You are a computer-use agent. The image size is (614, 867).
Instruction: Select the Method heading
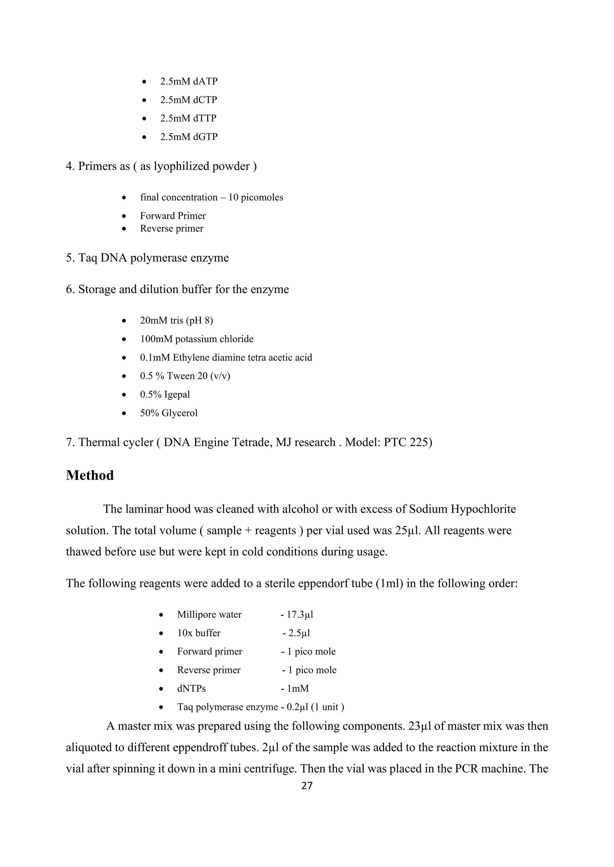click(90, 475)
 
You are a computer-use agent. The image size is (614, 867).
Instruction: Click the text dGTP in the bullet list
click(205, 137)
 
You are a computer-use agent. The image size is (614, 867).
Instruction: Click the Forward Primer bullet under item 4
click(173, 216)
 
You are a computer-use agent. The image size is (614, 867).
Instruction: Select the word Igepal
click(177, 394)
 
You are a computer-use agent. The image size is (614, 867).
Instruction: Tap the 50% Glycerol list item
click(168, 413)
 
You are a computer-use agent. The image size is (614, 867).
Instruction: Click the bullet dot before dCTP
click(144, 101)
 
